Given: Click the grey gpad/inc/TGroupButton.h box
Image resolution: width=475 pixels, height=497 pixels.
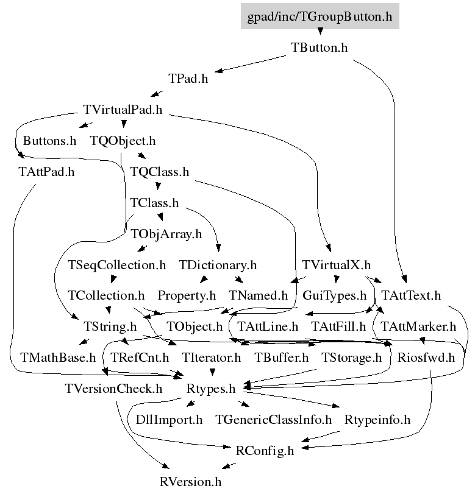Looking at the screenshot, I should tap(320, 16).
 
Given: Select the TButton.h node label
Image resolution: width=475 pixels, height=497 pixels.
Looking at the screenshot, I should tap(319, 48).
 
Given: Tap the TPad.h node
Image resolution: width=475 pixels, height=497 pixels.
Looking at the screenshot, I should tap(188, 79).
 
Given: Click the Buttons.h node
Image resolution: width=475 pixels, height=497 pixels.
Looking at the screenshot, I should tap(49, 141).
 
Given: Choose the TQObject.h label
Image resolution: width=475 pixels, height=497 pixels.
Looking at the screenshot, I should tap(123, 141).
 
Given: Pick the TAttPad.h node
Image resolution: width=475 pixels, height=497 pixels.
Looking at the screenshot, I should tap(46, 172).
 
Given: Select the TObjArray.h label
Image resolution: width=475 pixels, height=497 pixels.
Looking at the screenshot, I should tap(166, 234).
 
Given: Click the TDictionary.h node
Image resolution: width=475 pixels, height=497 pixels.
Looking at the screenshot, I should tap(218, 265).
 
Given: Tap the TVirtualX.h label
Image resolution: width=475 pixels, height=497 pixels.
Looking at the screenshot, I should tap(336, 265).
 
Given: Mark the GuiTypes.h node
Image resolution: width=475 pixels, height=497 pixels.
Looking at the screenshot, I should tap(335, 296).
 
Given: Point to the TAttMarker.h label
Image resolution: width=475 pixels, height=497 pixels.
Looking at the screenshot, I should tap(418, 327).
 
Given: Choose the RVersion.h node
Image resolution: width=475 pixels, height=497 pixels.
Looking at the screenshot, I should tap(190, 482).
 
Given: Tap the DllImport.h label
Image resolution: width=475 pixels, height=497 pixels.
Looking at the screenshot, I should tap(169, 420).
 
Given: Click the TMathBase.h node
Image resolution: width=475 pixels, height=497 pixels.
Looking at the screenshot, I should tap(58, 358).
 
